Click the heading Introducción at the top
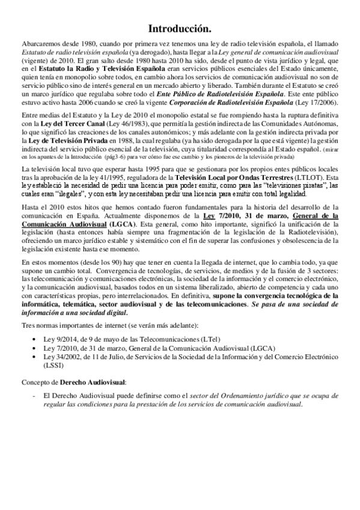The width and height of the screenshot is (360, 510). tap(180, 29)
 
